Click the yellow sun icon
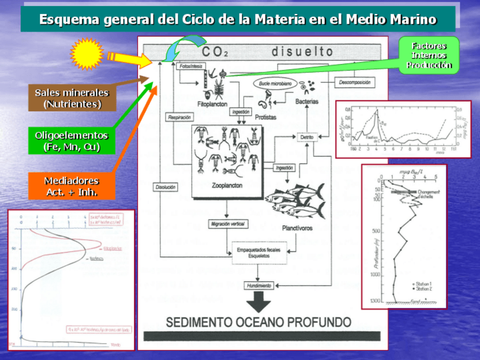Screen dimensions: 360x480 click(x=87, y=54)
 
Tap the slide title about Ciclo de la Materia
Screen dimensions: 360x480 click(x=238, y=19)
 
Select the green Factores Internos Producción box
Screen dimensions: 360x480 click(x=428, y=55)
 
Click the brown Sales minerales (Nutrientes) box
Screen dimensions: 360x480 click(x=72, y=98)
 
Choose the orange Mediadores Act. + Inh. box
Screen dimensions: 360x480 click(x=71, y=186)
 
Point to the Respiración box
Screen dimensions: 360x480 click(x=179, y=117)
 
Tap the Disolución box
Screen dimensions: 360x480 click(x=165, y=187)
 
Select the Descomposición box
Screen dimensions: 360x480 click(x=355, y=83)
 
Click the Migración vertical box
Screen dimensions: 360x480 click(x=228, y=224)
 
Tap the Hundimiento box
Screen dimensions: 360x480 click(x=259, y=285)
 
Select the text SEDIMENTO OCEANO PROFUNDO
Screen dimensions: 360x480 click(x=259, y=322)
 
